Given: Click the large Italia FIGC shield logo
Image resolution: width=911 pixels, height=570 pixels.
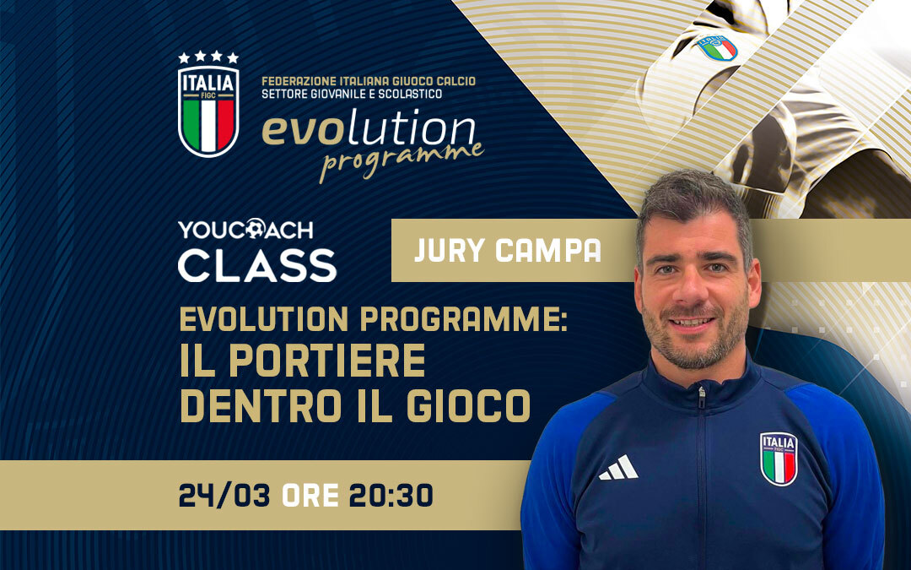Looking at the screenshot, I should tap(208, 111).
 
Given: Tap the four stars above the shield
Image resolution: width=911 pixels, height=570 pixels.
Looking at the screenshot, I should tap(208, 57).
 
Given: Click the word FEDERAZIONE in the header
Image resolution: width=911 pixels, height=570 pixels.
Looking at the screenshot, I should tap(297, 81).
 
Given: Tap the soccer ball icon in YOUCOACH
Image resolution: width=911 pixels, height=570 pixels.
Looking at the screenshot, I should tap(255, 230).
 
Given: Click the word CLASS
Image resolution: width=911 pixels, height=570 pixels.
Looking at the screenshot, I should tap(257, 264).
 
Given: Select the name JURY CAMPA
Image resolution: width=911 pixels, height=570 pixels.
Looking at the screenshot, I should tap(508, 251).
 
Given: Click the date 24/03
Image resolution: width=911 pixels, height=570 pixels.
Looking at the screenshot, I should tap(224, 496).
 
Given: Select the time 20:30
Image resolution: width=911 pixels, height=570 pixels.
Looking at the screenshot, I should tap(391, 496).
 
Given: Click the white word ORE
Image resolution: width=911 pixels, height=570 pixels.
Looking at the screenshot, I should tap(310, 496).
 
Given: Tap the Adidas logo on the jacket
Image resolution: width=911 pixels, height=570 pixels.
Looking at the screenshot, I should tap(618, 468).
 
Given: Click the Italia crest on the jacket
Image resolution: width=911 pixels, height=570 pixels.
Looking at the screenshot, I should tap(778, 458).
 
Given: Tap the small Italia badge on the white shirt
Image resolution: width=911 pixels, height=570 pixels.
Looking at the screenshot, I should tap(716, 47).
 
